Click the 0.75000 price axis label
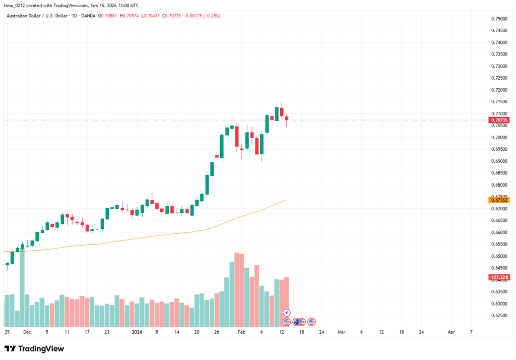click(x=499, y=19)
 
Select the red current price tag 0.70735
click(x=499, y=120)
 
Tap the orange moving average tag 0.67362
click(x=499, y=200)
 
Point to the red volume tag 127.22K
click(x=499, y=277)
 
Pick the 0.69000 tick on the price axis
click(x=499, y=161)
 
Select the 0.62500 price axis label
click(x=499, y=316)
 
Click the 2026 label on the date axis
click(x=137, y=332)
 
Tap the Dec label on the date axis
click(x=27, y=332)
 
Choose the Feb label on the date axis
click(x=241, y=332)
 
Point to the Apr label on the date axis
click(x=451, y=332)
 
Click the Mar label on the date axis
click(x=341, y=332)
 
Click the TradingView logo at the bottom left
click(x=34, y=348)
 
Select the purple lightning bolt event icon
click(x=287, y=313)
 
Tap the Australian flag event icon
click(x=297, y=322)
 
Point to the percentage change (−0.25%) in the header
click(x=210, y=16)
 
